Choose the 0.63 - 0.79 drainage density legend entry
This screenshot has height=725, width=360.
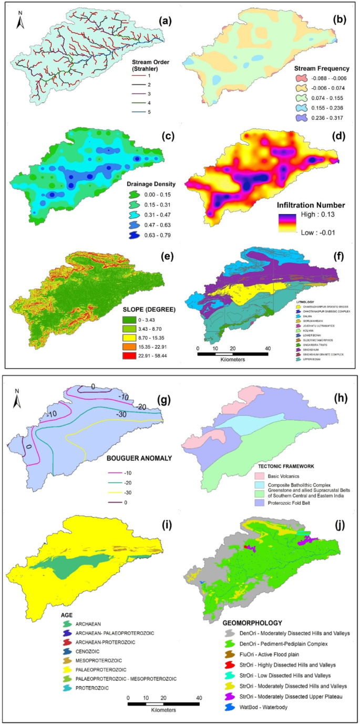pos(136,235)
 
